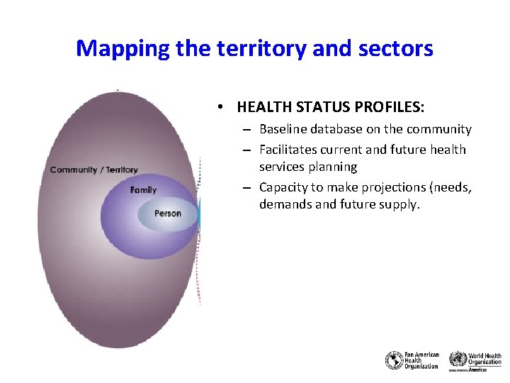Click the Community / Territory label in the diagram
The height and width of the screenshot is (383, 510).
tap(94, 170)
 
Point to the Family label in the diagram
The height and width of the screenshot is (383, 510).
tap(144, 190)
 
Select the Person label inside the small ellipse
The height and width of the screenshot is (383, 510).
tap(168, 213)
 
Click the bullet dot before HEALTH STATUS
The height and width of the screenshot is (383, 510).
tap(222, 107)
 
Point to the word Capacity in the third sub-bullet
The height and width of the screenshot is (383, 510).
tap(283, 187)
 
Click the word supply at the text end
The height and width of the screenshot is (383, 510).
tap(402, 204)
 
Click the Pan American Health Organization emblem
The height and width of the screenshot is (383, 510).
tap(394, 360)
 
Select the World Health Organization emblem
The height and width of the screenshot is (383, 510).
tap(458, 360)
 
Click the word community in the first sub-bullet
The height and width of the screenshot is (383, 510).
tap(438, 129)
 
